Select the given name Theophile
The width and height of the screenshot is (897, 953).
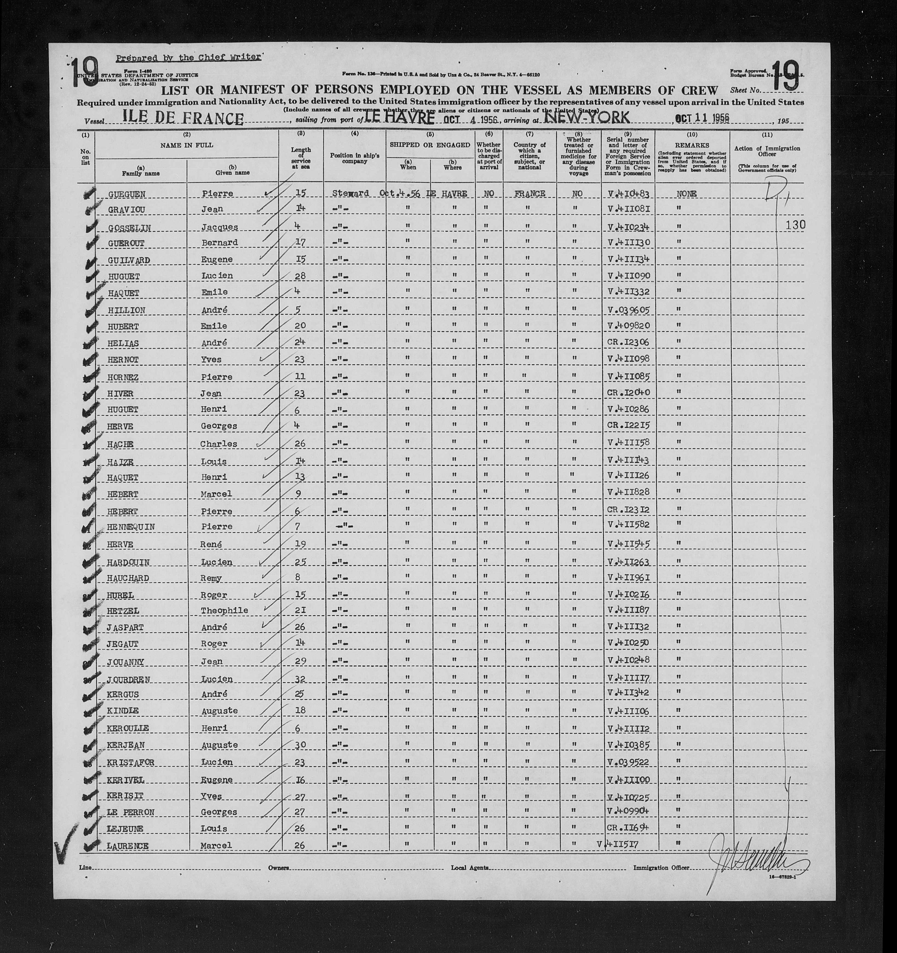[228, 610]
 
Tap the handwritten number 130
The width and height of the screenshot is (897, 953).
[795, 225]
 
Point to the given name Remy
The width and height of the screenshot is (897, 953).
[211, 578]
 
